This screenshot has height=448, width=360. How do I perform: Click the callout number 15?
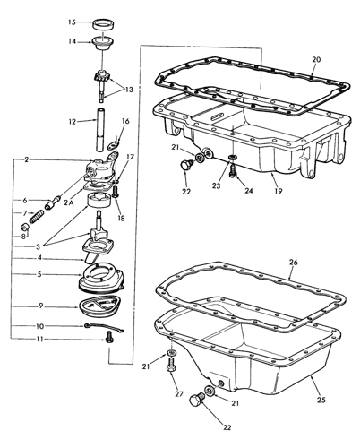click(x=73, y=20)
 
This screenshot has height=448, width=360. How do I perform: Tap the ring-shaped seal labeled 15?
click(x=107, y=21)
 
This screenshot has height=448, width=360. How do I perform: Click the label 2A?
click(x=68, y=203)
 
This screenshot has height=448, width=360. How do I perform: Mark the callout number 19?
click(x=279, y=191)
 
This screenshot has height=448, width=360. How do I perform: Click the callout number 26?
click(x=292, y=263)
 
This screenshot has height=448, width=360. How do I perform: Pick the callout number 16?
click(x=125, y=122)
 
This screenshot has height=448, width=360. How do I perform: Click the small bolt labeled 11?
click(x=109, y=339)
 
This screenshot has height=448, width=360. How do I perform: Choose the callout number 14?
click(x=73, y=40)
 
